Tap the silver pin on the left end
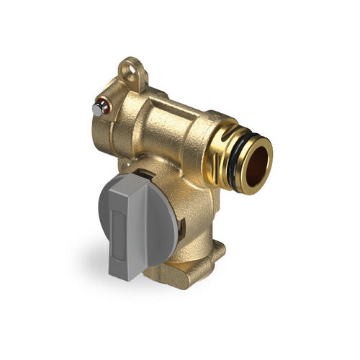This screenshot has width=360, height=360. [97, 108]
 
